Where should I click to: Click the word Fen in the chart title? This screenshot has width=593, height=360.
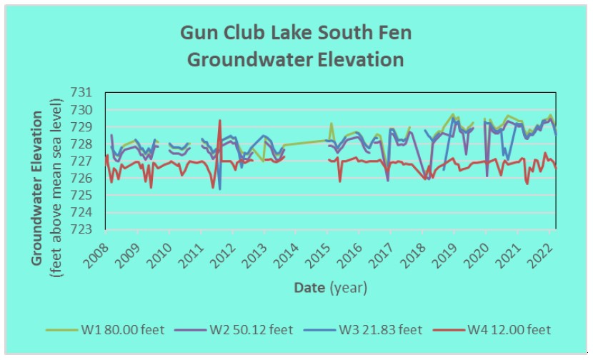click(395, 33)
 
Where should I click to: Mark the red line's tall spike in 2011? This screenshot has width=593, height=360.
click(219, 121)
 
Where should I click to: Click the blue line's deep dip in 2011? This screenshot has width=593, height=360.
click(219, 189)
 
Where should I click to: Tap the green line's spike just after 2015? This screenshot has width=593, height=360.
click(332, 124)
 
